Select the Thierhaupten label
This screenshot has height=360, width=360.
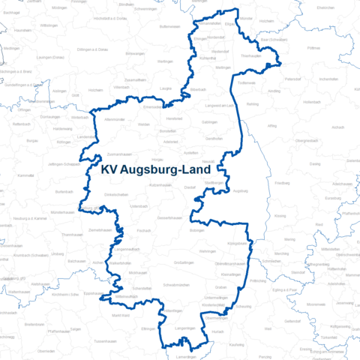250,55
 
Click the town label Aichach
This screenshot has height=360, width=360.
338,127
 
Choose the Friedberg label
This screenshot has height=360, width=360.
283,182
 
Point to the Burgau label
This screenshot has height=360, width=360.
32,140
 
